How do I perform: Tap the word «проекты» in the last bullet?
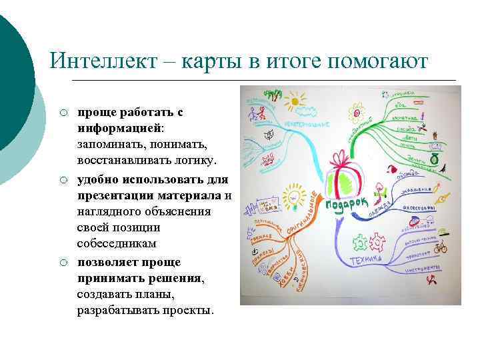coord(189,311)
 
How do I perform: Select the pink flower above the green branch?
coord(356,108)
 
